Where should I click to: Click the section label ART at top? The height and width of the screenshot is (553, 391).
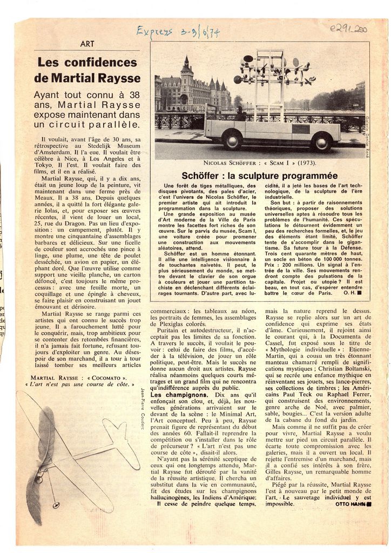pos(87,44)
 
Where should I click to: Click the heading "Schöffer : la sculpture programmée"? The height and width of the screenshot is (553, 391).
pos(259,176)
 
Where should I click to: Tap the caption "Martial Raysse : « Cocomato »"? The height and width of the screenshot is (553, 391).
pos(79,377)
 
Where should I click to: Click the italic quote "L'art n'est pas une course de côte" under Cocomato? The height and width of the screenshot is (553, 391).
pos(79,385)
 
